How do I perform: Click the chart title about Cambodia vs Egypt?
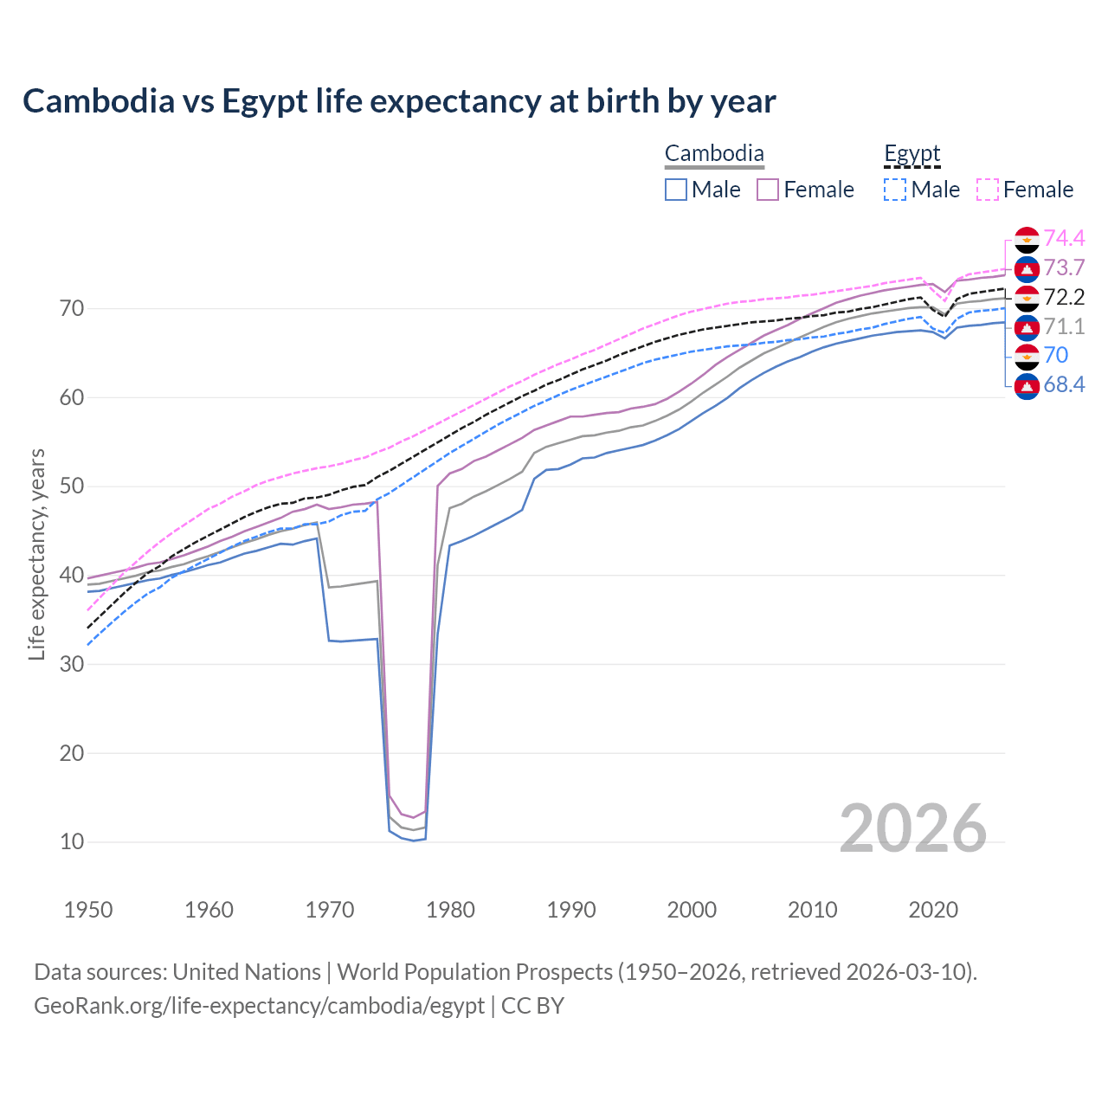click(x=399, y=101)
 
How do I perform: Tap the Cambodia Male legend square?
click(x=676, y=190)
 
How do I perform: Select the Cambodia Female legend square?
click(x=768, y=190)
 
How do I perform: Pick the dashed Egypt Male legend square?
click(x=895, y=190)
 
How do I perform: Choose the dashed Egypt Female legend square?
click(x=988, y=190)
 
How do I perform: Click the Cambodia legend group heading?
click(x=714, y=154)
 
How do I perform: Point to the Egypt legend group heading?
click(x=912, y=154)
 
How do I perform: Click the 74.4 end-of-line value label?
click(x=1064, y=238)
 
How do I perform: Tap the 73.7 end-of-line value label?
click(x=1064, y=267)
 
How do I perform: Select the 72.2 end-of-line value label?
click(x=1064, y=297)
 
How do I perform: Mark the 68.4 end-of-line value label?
click(x=1064, y=384)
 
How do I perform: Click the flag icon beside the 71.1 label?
click(x=1027, y=326)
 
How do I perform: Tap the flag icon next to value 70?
click(x=1027, y=355)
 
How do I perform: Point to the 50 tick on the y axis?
click(x=72, y=486)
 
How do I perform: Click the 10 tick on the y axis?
click(x=72, y=841)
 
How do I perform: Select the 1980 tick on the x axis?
click(x=451, y=910)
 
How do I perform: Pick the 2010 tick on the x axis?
click(x=813, y=910)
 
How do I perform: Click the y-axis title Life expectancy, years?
click(x=36, y=554)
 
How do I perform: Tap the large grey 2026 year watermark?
click(x=913, y=828)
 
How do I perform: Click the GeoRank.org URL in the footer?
click(x=259, y=1006)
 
